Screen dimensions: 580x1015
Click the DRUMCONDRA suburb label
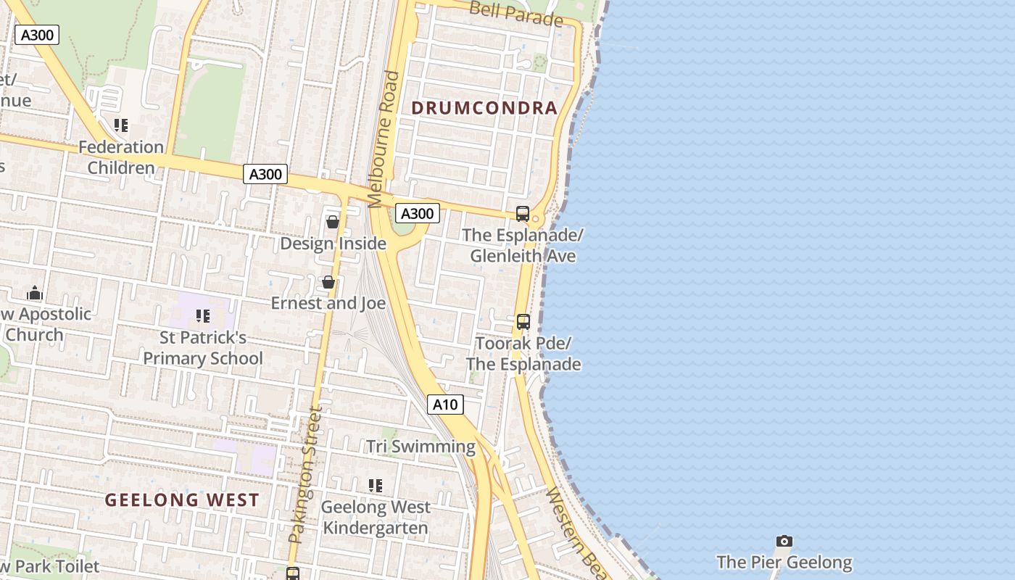click(x=484, y=108)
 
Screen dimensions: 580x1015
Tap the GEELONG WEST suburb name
click(x=182, y=500)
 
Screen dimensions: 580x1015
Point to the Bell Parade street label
click(x=515, y=13)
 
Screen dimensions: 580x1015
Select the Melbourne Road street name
click(x=384, y=138)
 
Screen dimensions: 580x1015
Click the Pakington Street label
click(x=305, y=475)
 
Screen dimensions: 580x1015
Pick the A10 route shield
click(x=445, y=405)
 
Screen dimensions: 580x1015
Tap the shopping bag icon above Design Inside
click(x=333, y=222)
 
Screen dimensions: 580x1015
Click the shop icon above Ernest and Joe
click(x=328, y=282)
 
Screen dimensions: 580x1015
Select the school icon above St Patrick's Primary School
click(x=203, y=316)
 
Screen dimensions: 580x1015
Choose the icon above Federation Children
click(x=121, y=125)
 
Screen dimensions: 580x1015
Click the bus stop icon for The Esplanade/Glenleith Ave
click(x=523, y=214)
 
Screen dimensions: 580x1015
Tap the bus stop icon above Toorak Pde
click(x=523, y=322)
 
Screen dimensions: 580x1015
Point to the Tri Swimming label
click(x=420, y=447)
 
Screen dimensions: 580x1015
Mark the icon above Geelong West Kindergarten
click(x=376, y=486)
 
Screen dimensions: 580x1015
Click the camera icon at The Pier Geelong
click(x=784, y=541)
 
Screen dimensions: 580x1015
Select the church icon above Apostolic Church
click(x=34, y=294)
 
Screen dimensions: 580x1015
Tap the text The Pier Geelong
click(x=784, y=562)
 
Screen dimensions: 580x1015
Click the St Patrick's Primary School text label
click(x=203, y=348)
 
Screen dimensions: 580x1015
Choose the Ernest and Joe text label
click(x=328, y=303)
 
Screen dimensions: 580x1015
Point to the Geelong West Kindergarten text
click(x=376, y=517)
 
